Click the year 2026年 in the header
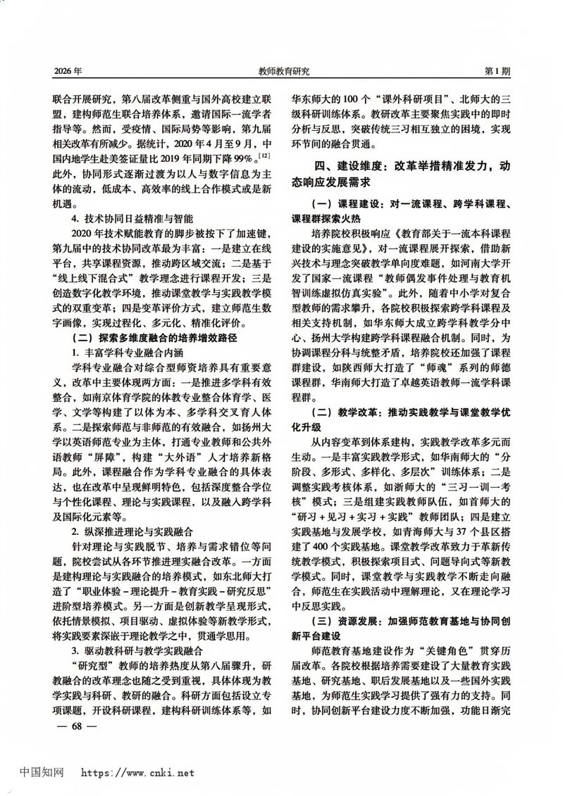(x=68, y=71)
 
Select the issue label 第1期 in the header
(x=496, y=71)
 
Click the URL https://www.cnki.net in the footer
(x=138, y=772)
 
